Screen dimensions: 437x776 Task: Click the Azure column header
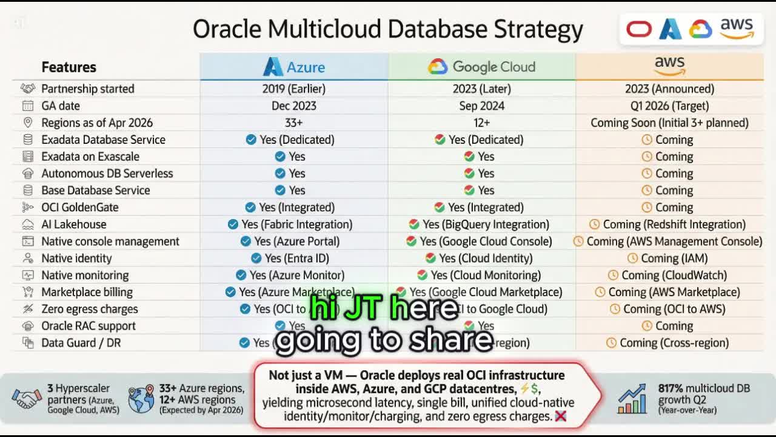point(294,67)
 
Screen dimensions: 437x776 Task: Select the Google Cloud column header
point(481,67)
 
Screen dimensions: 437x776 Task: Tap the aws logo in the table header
point(669,66)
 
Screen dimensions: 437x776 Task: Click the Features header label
point(69,67)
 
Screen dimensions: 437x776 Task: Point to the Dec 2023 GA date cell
point(294,106)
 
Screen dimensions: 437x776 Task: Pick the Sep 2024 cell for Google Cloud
point(481,106)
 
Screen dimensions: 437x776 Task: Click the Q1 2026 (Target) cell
point(669,106)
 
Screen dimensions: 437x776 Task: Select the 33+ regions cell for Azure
point(294,123)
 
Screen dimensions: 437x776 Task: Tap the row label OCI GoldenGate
point(79,207)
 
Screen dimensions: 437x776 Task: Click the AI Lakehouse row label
point(73,224)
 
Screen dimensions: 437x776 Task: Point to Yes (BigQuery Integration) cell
point(479,224)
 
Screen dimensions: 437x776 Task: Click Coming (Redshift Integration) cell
point(667,224)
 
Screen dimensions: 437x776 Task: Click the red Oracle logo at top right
point(638,29)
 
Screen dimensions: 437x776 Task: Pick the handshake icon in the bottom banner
point(27,399)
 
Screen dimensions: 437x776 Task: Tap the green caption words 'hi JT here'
point(384,308)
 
